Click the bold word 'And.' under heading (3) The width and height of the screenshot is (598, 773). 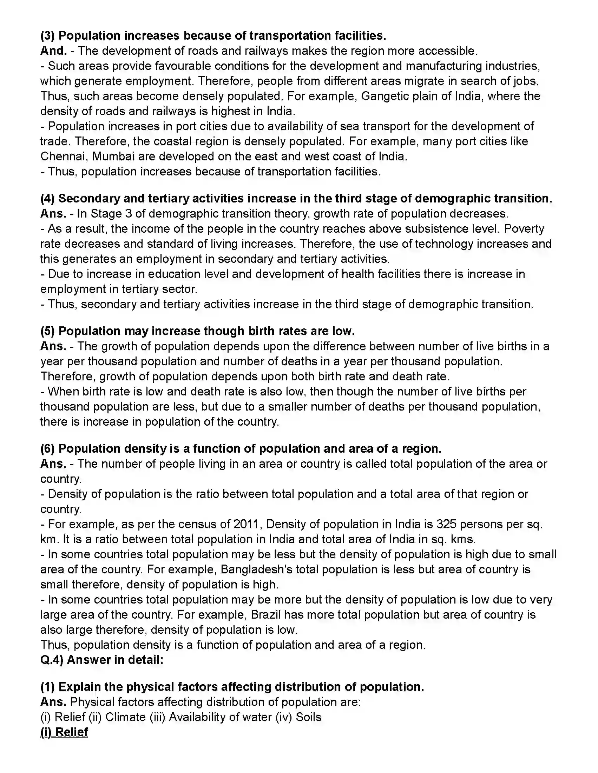(x=53, y=51)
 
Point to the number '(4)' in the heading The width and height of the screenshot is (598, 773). (x=47, y=199)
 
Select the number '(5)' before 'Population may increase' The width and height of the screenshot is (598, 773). (x=47, y=331)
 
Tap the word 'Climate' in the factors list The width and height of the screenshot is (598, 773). (x=125, y=717)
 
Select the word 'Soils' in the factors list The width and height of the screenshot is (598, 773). (x=309, y=717)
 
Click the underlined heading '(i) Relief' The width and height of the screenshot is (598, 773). (x=64, y=732)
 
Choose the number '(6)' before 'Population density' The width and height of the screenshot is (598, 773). (x=47, y=449)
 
